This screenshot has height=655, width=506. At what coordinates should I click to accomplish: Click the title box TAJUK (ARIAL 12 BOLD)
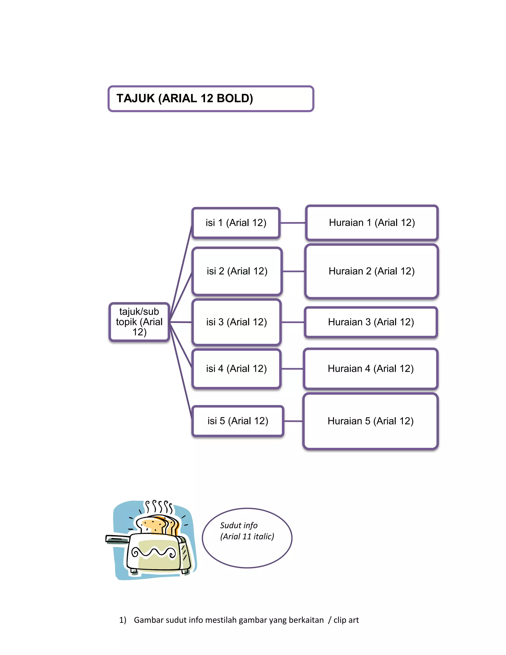(x=211, y=99)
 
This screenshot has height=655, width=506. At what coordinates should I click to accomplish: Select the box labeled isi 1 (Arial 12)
(x=236, y=223)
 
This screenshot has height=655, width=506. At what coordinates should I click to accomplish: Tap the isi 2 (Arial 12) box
(x=237, y=271)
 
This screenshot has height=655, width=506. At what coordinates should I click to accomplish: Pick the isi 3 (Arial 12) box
(x=236, y=322)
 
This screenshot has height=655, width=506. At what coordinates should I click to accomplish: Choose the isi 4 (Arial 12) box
(x=236, y=369)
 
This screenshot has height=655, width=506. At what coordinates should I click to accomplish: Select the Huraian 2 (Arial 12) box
(x=371, y=271)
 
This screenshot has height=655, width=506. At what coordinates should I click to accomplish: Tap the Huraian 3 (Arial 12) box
(x=371, y=322)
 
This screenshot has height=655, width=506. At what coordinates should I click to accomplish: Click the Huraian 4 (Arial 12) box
(x=371, y=369)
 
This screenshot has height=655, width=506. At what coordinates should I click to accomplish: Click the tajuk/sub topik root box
(x=139, y=322)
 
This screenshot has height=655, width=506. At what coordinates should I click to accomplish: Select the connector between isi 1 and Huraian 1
(x=293, y=223)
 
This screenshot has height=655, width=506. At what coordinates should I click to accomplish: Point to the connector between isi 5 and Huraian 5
(x=293, y=421)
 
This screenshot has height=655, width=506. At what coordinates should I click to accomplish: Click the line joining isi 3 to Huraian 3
(x=293, y=322)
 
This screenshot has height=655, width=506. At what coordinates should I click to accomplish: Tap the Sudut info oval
(x=247, y=538)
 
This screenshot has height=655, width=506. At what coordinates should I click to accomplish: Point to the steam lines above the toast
(x=159, y=507)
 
